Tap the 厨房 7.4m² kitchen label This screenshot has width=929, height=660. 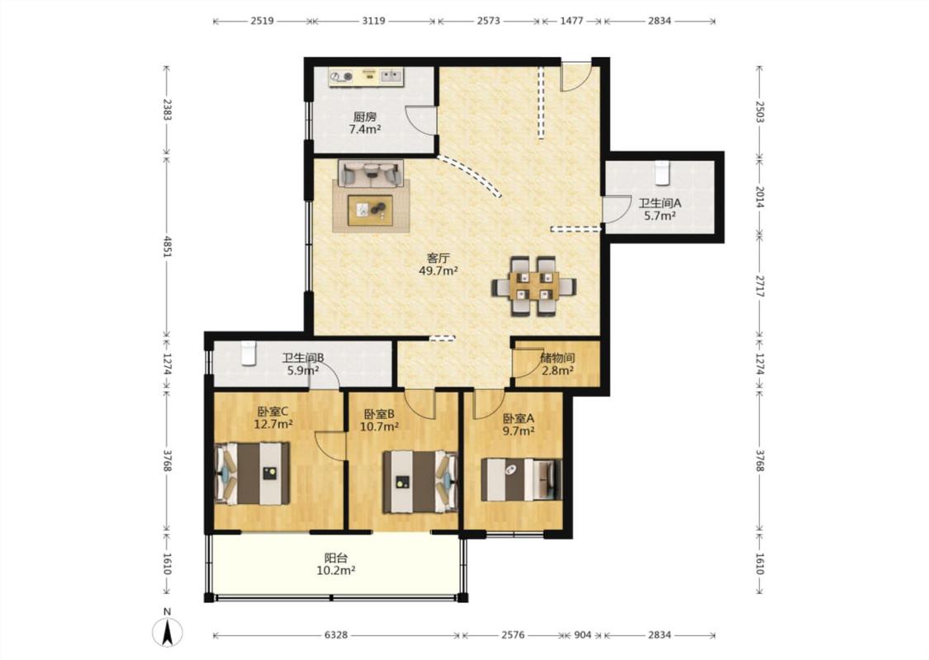[x=364, y=123]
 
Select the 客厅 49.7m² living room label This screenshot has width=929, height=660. [x=438, y=265]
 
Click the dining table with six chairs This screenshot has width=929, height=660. [x=533, y=286]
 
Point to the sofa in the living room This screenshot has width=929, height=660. [x=370, y=173]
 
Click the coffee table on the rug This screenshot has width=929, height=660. [x=370, y=210]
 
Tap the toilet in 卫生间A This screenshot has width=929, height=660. [x=661, y=172]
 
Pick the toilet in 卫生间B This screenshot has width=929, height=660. [x=249, y=353]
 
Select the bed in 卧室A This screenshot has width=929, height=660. [x=521, y=479]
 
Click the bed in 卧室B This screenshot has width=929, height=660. [x=419, y=482]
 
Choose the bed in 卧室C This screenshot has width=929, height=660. [x=252, y=474]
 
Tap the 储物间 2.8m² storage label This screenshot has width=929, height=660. [x=557, y=365]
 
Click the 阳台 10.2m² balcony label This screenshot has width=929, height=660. [x=336, y=564]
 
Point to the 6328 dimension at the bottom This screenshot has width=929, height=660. [x=336, y=635]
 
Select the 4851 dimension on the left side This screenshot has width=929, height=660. [x=167, y=246]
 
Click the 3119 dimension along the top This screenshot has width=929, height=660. [x=373, y=21]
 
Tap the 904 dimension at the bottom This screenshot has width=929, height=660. [x=583, y=635]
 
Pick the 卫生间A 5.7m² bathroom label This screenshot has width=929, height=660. [x=660, y=209]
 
